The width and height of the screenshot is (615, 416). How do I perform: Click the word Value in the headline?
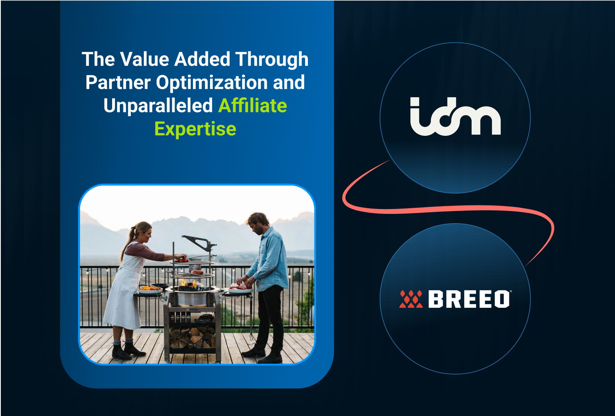click(145, 59)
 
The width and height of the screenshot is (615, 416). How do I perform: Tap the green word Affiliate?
click(253, 105)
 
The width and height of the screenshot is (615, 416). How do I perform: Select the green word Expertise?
click(195, 129)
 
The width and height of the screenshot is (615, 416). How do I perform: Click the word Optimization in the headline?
click(212, 83)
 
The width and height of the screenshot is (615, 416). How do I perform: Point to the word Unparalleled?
click(158, 105)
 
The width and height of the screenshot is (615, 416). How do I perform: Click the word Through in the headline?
click(272, 60)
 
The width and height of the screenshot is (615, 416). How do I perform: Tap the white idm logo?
click(455, 116)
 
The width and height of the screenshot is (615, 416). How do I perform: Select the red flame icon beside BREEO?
click(411, 299)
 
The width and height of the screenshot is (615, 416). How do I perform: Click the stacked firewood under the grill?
click(192, 338)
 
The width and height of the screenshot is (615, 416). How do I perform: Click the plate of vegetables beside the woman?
click(150, 289)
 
